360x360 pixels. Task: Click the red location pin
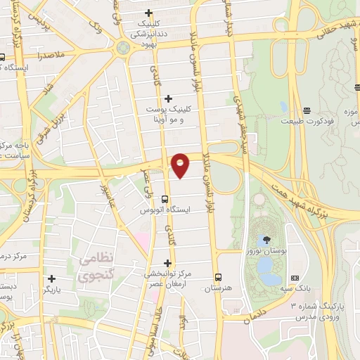181,165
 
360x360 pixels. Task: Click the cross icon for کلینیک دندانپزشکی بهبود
148,13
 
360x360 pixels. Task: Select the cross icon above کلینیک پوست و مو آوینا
167,98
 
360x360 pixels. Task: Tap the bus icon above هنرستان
218,276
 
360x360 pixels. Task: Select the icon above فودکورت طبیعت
307,110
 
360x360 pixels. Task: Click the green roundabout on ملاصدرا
124,48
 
